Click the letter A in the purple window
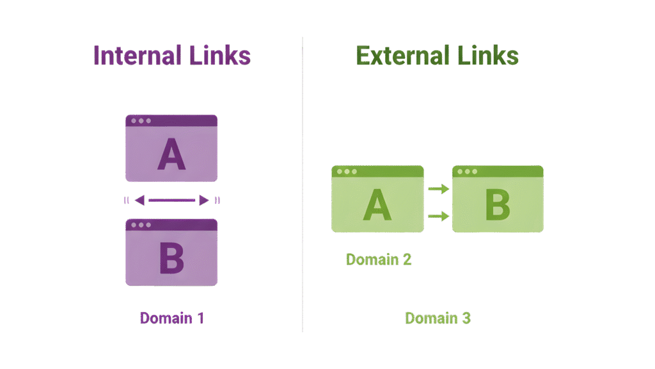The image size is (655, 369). [x=171, y=156]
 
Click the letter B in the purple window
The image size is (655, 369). [x=171, y=258]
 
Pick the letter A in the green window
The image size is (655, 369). [x=377, y=205]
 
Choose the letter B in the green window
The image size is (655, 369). [x=497, y=205]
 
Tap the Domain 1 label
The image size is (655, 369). [x=172, y=318]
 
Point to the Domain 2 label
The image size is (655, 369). [x=379, y=259]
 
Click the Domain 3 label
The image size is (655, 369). [x=438, y=318]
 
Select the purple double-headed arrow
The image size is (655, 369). [x=171, y=201]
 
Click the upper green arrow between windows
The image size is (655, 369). [x=438, y=188]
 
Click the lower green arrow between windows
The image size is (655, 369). [x=438, y=217]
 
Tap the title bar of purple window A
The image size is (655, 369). [x=171, y=120]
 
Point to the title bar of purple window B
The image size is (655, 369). [x=171, y=225]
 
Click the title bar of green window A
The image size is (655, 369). [x=377, y=171]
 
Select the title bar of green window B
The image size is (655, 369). [x=497, y=171]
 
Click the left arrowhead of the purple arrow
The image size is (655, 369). [x=140, y=201]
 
